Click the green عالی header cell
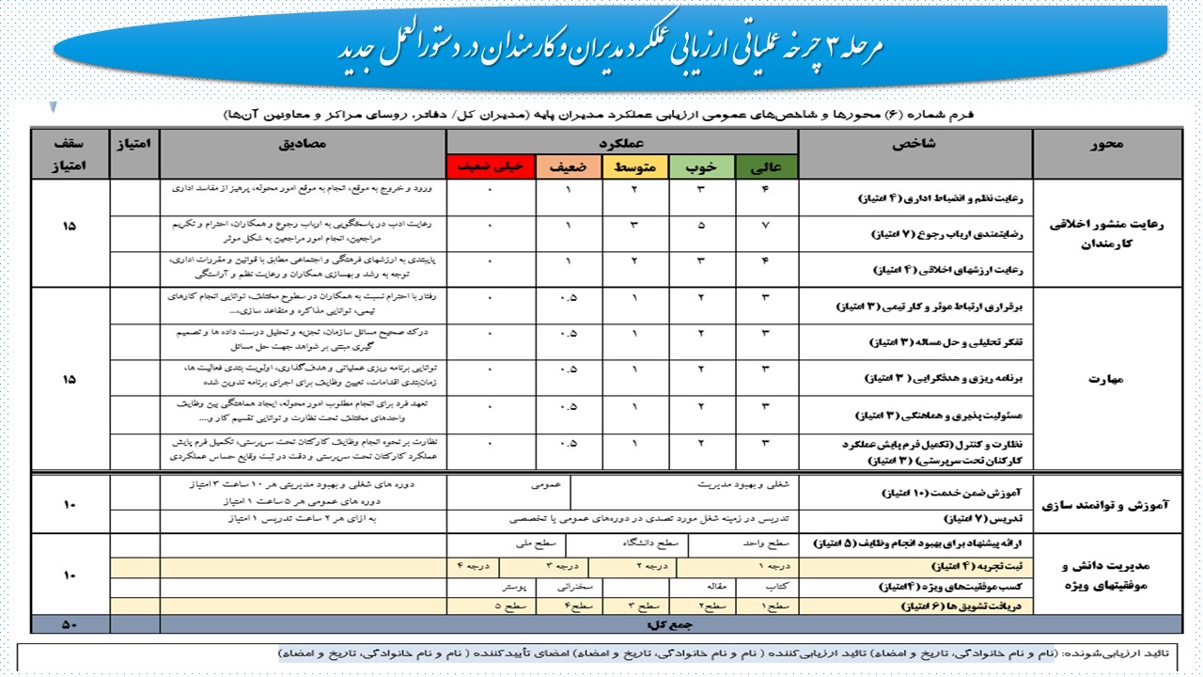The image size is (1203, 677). [x=767, y=167]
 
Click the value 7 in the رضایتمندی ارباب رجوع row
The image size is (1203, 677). [x=767, y=227]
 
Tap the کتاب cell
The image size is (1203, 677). [x=777, y=586]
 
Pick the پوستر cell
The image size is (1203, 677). [x=504, y=586]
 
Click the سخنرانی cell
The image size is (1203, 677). [x=577, y=586]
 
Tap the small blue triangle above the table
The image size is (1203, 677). [x=54, y=106]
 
